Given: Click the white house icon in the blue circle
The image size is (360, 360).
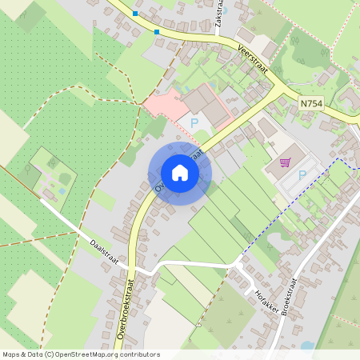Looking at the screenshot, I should tap(179, 173).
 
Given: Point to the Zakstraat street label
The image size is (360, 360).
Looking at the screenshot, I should tap(219, 17).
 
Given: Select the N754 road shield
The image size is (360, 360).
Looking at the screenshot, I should tap(313, 103).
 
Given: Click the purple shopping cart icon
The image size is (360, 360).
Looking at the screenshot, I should tap(285, 162).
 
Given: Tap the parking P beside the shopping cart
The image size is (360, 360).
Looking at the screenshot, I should tap(302, 175).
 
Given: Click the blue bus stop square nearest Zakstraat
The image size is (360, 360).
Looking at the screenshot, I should tap(157, 32).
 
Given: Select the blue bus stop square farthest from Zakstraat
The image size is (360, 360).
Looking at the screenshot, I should tap(135, 14).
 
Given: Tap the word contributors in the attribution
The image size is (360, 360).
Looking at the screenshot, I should tap(138, 354).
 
